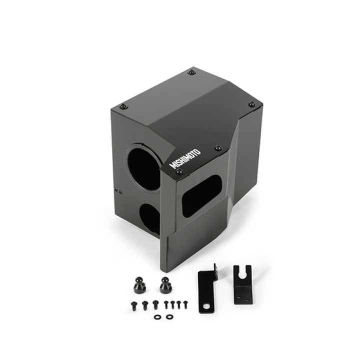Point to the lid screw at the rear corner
point(191,72)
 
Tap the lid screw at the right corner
point(251,104)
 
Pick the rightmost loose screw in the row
point(185,302)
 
